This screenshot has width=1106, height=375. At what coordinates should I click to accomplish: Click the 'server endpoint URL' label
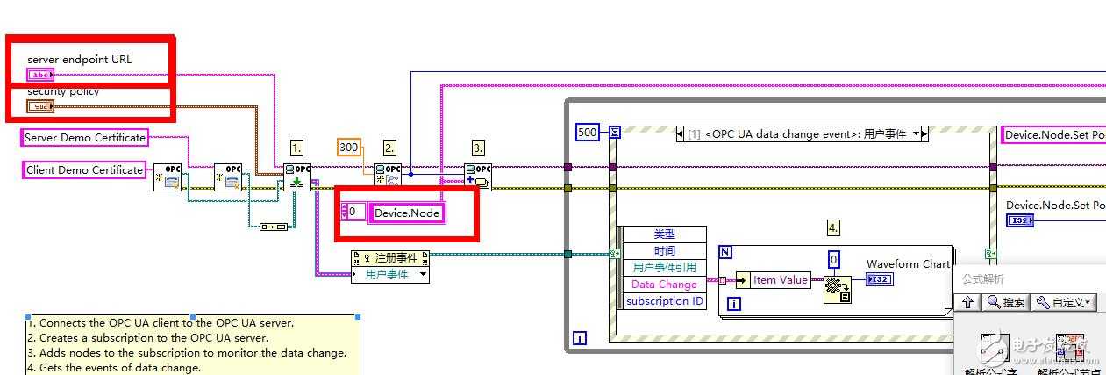[79, 60]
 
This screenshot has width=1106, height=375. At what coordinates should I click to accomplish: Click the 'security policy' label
[63, 91]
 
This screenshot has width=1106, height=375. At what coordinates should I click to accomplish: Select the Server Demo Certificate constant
[84, 137]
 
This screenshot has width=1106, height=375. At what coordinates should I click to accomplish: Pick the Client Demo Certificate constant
[84, 169]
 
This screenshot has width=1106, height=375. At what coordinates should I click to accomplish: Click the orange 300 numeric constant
[349, 147]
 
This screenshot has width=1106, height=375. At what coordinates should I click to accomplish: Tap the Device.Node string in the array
[407, 213]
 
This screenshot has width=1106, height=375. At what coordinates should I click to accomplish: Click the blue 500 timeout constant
[588, 133]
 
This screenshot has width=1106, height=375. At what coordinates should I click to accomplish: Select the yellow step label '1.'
[297, 148]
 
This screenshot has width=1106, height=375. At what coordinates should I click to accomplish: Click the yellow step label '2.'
[389, 148]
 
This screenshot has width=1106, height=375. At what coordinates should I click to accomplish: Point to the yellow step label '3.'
[478, 148]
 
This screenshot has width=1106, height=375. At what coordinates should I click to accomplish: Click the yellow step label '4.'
[833, 228]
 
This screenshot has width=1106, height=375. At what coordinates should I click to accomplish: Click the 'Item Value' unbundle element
[781, 280]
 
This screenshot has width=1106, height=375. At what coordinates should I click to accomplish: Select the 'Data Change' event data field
[664, 285]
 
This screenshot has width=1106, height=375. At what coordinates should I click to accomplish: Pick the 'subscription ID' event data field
[664, 301]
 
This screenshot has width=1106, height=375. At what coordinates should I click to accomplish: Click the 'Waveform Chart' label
[908, 264]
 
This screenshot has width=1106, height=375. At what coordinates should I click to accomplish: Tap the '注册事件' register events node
[390, 258]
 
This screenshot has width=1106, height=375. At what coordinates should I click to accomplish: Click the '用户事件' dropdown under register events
[390, 275]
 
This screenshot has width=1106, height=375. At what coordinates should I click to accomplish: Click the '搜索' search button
[1004, 302]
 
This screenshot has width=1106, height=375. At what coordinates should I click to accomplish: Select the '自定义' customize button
[1063, 302]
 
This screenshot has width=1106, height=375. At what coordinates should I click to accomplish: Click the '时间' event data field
[664, 251]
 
